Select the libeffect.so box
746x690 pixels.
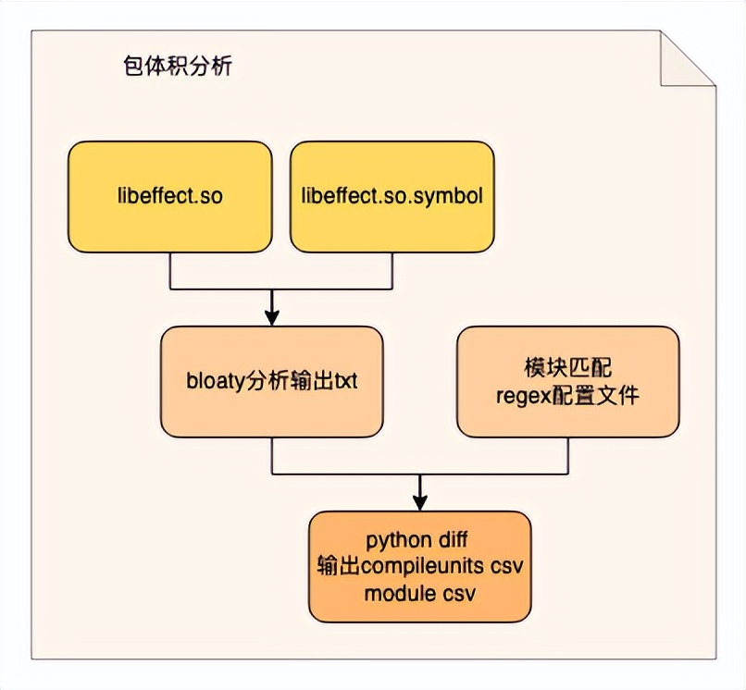(x=170, y=196)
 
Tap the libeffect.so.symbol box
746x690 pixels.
(x=392, y=196)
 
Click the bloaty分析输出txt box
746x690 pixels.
(x=272, y=381)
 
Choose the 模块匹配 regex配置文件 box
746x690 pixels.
(x=568, y=381)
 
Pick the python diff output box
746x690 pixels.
(x=420, y=566)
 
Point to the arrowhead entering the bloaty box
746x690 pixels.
(x=272, y=318)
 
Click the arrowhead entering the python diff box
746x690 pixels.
(x=420, y=503)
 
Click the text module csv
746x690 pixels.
(x=420, y=593)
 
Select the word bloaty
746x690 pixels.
(x=215, y=382)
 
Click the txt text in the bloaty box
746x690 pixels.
(x=344, y=382)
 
